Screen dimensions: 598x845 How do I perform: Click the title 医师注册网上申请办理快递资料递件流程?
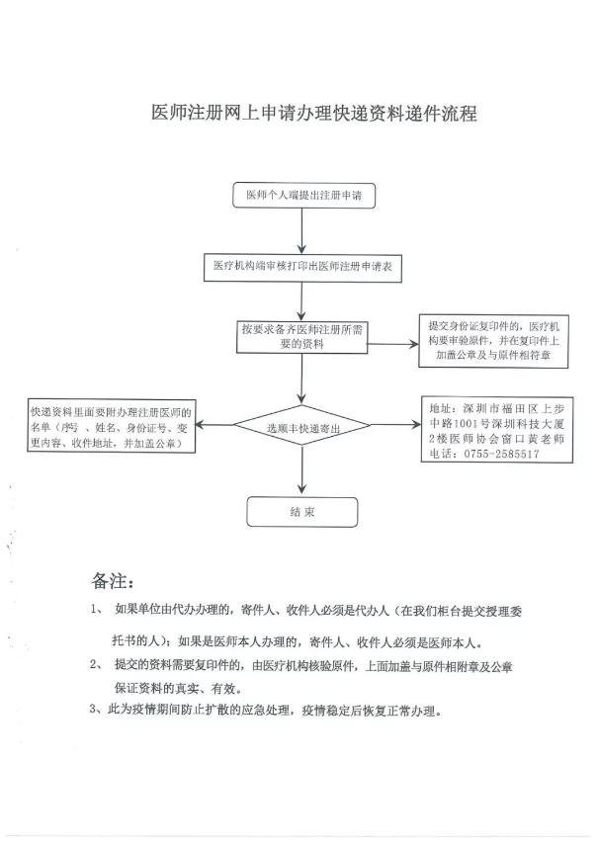(314, 114)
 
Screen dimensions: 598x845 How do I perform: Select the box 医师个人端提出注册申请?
(303, 195)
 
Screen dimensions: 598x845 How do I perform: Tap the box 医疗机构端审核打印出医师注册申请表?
(302, 267)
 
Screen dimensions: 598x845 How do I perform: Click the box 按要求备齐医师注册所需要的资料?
(301, 337)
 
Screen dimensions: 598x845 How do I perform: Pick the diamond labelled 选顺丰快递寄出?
(302, 426)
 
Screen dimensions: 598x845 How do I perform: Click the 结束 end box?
(302, 512)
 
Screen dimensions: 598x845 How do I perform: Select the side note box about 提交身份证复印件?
(493, 341)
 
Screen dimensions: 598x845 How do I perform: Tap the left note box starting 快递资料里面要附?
(112, 426)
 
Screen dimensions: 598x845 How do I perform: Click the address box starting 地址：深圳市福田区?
(497, 430)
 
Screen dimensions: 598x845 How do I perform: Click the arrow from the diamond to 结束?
(302, 469)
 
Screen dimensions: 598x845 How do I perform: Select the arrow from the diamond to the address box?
(396, 425)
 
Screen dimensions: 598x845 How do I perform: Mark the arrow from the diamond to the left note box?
(214, 425)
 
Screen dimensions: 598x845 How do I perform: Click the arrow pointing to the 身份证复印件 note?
(393, 344)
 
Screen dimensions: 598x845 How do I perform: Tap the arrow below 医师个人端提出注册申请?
(301, 231)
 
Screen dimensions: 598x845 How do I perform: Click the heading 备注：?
(113, 581)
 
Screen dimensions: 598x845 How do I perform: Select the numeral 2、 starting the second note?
(96, 665)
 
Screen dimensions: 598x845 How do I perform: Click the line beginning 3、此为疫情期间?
(267, 710)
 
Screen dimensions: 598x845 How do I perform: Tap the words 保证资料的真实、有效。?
(178, 688)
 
